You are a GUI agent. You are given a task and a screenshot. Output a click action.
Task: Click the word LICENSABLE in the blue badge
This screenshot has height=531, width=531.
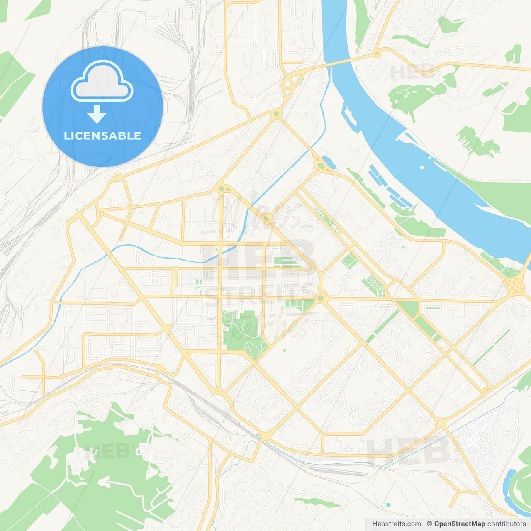click(102, 136)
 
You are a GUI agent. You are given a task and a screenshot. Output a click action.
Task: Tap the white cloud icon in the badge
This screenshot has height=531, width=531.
click(102, 82)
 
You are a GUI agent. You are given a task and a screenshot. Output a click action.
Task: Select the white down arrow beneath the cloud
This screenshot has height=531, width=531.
click(97, 114)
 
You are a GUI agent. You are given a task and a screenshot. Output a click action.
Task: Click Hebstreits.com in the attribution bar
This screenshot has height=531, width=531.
click(396, 524)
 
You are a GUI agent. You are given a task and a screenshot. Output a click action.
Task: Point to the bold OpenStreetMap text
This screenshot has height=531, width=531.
click(459, 524)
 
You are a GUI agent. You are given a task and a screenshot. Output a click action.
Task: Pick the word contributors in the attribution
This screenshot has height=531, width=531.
click(507, 524)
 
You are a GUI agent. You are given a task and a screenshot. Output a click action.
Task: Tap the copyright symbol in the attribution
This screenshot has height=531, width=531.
click(429, 524)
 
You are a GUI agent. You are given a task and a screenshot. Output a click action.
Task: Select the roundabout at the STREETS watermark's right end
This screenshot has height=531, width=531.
click(320, 298)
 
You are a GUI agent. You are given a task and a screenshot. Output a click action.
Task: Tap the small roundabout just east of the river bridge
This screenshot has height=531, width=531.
click(377, 54)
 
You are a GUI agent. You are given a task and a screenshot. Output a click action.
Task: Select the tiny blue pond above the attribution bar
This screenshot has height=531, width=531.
click(387, 505)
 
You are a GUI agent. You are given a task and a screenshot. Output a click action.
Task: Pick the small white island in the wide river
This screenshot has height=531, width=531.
click(422, 167)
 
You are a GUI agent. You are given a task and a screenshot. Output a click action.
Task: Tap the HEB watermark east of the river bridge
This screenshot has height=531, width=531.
click(413, 72)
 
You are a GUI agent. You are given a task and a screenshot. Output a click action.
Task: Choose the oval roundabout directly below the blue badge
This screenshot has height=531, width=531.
click(117, 178)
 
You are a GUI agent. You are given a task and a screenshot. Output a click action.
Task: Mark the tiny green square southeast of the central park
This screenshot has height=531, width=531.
click(284, 351)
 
